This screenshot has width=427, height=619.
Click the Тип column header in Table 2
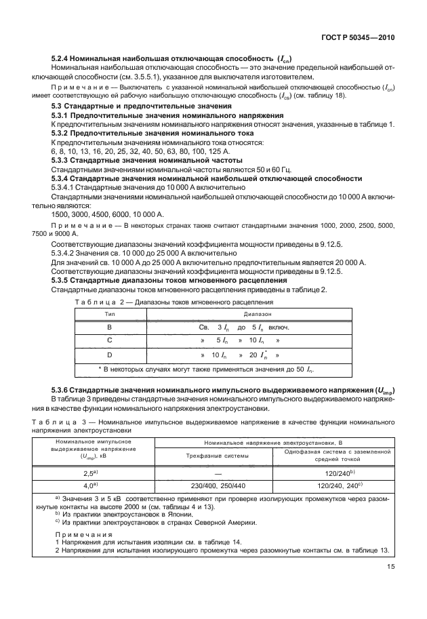(109, 315)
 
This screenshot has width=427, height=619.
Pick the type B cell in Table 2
(109, 327)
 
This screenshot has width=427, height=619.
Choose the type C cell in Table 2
(109, 340)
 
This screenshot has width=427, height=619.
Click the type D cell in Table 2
(109, 355)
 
